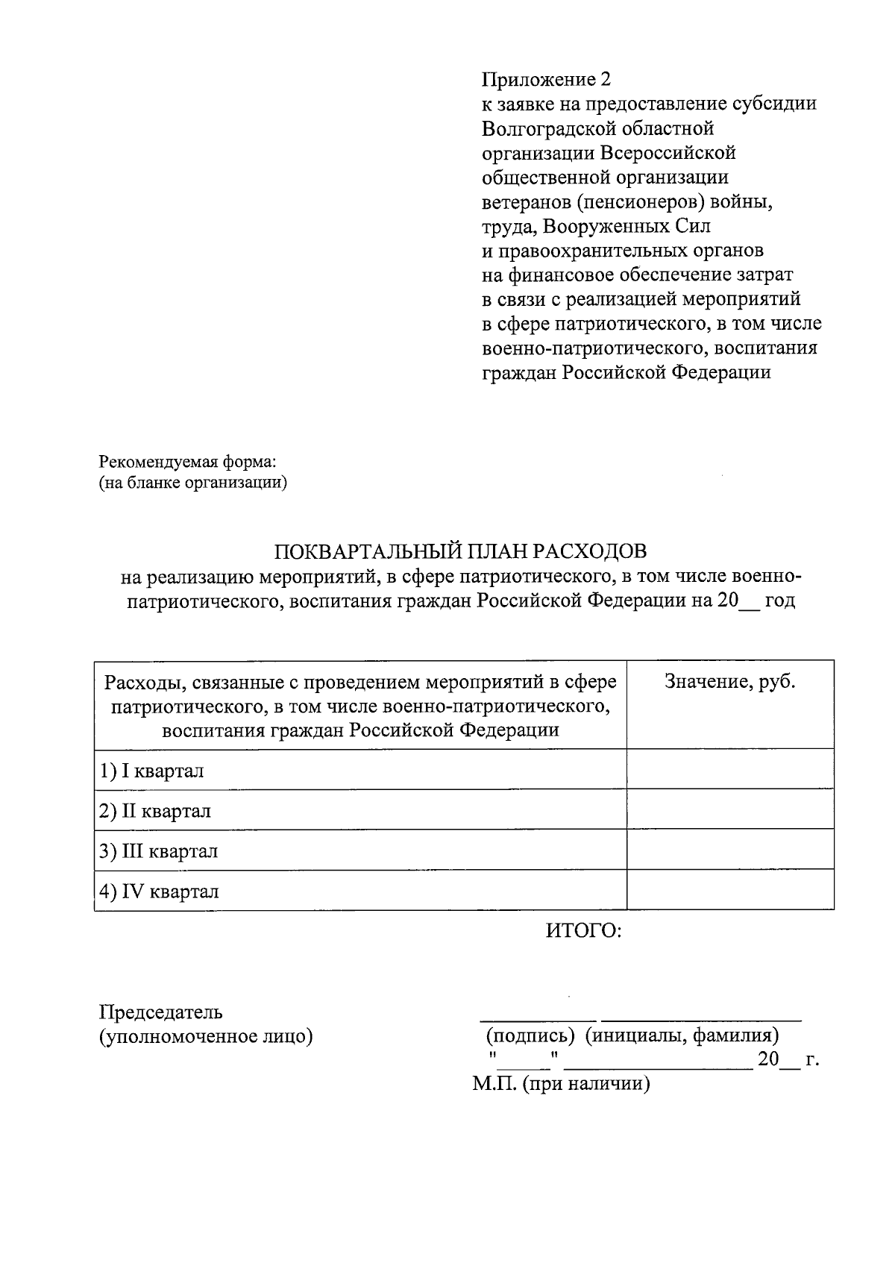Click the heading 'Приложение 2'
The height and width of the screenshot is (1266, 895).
(x=546, y=80)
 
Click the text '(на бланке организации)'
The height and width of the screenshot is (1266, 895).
(x=193, y=483)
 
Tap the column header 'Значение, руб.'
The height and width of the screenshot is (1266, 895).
(x=729, y=682)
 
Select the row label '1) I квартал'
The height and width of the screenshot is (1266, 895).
(x=152, y=771)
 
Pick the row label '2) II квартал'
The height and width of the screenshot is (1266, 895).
(x=155, y=811)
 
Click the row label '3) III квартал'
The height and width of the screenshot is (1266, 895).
(x=159, y=851)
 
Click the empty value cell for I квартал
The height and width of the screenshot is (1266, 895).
(x=729, y=770)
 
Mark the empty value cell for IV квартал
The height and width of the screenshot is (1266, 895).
(x=729, y=891)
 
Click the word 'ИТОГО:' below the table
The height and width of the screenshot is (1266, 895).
(x=583, y=931)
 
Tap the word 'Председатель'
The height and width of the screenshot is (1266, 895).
(x=161, y=1012)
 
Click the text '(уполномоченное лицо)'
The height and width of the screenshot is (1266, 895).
(x=206, y=1036)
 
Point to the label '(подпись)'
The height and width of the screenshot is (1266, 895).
(x=530, y=1036)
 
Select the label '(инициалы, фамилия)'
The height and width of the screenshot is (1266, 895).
(x=682, y=1036)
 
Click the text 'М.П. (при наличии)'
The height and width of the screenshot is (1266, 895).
(x=561, y=1084)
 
